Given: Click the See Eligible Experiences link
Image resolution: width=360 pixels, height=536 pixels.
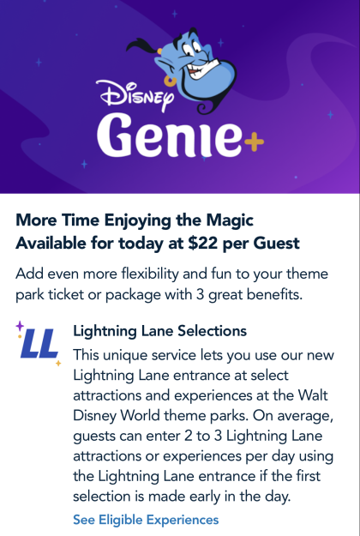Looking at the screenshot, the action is click(146, 520).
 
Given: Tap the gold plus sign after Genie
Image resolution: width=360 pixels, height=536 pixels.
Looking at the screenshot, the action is click(254, 142).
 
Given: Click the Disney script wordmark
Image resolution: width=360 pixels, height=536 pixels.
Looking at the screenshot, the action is click(135, 94).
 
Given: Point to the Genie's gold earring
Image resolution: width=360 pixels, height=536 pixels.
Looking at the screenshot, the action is click(170, 81).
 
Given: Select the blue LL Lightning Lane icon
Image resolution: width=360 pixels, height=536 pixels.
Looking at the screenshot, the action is click(39, 343).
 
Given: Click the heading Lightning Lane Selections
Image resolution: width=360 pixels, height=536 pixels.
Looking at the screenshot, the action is click(159, 331).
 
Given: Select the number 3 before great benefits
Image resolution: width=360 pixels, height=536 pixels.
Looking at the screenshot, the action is click(201, 295).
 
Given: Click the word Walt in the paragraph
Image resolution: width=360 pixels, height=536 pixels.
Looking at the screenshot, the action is click(313, 395).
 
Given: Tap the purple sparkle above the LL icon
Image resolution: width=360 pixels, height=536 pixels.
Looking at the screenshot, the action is click(20, 326).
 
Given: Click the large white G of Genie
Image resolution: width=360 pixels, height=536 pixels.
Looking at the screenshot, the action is click(114, 134).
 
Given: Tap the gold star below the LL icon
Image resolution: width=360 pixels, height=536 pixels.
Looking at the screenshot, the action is click(58, 363).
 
